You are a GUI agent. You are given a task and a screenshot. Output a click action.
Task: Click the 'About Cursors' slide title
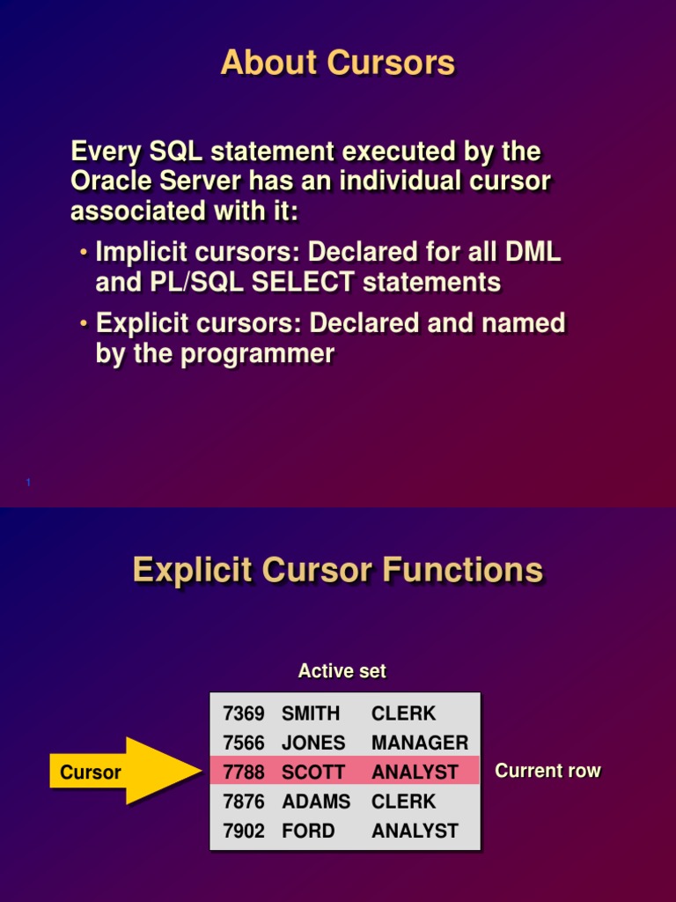click(338, 63)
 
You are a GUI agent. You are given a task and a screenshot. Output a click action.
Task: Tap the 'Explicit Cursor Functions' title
click(338, 570)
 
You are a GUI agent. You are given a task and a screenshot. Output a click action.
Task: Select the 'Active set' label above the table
click(342, 671)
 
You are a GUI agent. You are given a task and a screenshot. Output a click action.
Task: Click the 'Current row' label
click(547, 771)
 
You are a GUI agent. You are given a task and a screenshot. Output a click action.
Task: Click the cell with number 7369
click(244, 713)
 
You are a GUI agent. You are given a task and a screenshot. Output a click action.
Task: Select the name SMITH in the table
click(311, 713)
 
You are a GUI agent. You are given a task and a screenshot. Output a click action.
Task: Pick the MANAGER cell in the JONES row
click(420, 743)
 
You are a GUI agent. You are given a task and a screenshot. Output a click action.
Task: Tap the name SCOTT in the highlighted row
click(313, 773)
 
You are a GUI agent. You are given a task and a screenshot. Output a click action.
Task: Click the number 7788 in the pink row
click(244, 773)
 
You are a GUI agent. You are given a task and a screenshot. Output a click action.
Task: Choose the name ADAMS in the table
click(316, 802)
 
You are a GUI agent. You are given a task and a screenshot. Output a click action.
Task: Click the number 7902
click(244, 831)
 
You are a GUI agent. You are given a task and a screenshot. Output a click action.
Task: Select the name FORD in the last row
click(308, 831)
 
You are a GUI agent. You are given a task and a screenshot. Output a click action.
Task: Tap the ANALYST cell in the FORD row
click(415, 831)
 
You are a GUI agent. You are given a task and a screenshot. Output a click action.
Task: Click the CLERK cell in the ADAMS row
click(403, 802)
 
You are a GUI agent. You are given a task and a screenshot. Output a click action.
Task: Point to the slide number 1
click(29, 482)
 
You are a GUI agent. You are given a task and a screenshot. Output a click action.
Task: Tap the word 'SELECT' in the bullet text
click(301, 283)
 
